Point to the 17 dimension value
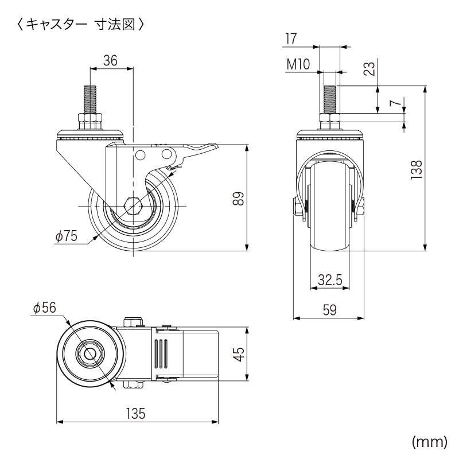point(290,38)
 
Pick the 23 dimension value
point(370,69)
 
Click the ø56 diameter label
point(45,309)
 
